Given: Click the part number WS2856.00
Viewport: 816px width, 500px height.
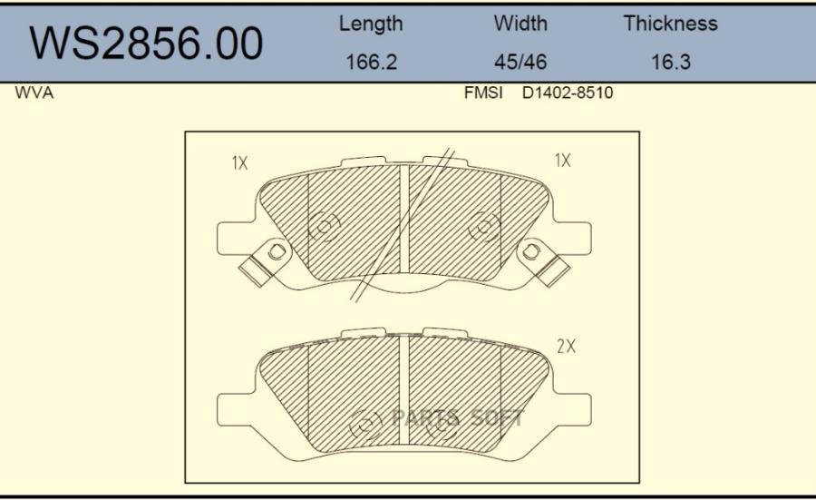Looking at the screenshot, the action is (x=146, y=44).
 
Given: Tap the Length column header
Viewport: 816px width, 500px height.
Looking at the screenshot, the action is (x=371, y=24).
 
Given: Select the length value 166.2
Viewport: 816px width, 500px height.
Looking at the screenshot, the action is (x=372, y=62).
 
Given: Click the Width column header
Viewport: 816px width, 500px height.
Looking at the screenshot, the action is (x=520, y=24).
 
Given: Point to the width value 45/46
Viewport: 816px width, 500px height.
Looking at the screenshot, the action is (x=520, y=62).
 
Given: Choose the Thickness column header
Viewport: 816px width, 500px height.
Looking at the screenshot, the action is (x=671, y=24).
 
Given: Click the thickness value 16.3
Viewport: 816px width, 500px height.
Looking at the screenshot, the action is (x=671, y=62).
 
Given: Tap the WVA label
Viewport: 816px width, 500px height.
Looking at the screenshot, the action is (x=34, y=93).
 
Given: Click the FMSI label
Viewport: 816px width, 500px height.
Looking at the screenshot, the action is (x=483, y=93).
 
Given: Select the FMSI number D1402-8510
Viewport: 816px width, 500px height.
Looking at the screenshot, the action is (x=568, y=93).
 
